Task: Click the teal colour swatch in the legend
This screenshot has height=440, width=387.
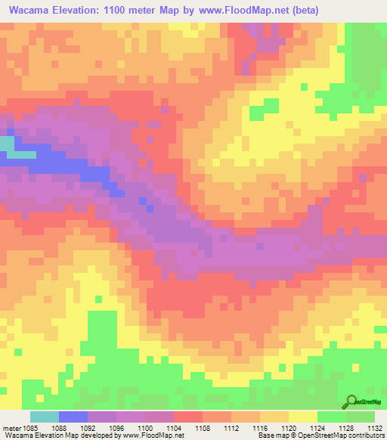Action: (45, 417)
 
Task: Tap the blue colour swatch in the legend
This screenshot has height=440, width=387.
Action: (73, 417)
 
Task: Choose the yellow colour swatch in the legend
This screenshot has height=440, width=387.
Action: (303, 417)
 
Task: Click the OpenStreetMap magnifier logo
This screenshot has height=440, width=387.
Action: (351, 401)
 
